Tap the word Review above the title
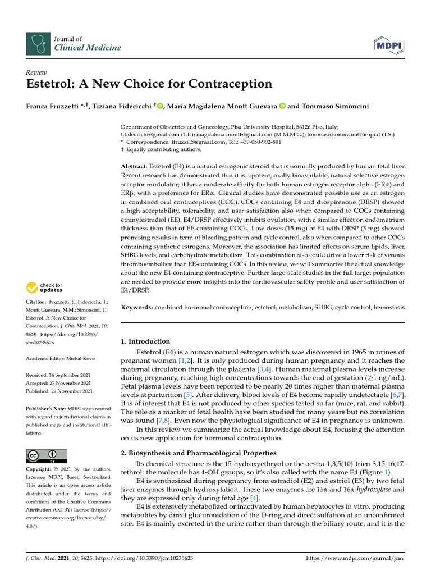coord(36,72)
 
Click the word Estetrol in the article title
coord(53,84)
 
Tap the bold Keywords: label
coord(137,308)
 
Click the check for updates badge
coord(44,288)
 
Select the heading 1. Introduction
coord(145,341)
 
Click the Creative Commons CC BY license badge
coord(47,455)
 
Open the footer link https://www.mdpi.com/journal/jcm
coord(356,559)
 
